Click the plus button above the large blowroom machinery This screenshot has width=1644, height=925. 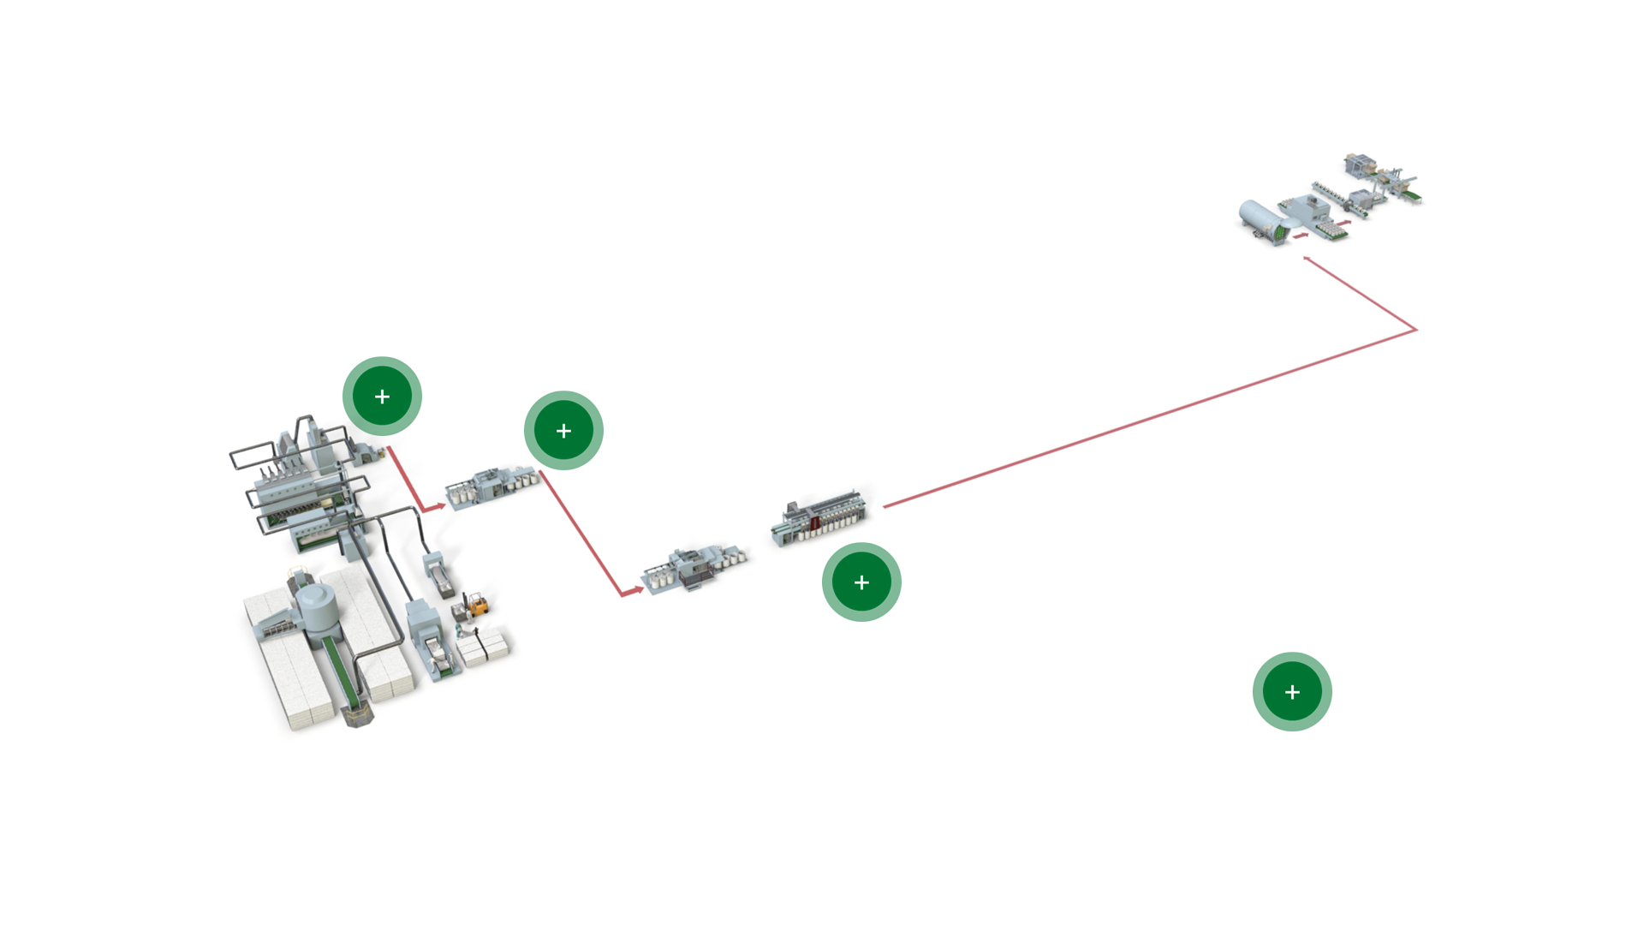pyautogui.click(x=382, y=397)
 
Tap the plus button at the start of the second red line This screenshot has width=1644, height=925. pyautogui.click(x=563, y=431)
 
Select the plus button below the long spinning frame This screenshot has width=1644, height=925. pyautogui.click(x=861, y=582)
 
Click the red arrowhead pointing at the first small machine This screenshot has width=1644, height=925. pyautogui.click(x=439, y=506)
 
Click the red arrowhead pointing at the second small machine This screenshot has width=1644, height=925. pyautogui.click(x=637, y=589)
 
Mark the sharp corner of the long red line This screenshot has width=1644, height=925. pyautogui.click(x=1415, y=330)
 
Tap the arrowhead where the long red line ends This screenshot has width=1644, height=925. pyautogui.click(x=1307, y=259)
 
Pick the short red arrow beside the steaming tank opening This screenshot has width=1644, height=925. pyautogui.click(x=1301, y=236)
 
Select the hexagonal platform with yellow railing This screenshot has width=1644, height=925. pyautogui.click(x=358, y=714)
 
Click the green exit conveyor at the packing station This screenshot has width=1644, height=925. pyautogui.click(x=1411, y=197)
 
